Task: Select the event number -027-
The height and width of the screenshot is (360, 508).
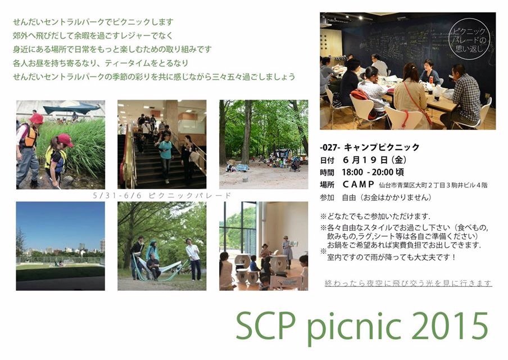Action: point(330,147)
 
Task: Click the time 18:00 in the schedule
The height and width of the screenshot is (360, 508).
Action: point(352,172)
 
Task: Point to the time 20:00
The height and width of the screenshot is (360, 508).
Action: point(382,172)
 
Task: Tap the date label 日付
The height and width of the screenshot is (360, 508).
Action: point(327,160)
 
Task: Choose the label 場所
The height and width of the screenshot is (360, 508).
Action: point(327,185)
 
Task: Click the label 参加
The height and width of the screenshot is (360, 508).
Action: point(327,197)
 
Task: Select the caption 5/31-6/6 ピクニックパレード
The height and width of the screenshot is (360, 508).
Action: point(162,196)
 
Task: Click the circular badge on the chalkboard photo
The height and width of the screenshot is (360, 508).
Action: point(470,40)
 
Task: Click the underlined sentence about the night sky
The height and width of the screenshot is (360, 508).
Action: point(408,283)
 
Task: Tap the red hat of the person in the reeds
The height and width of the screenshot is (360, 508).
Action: point(36,118)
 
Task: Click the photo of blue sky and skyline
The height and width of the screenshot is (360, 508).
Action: point(60,246)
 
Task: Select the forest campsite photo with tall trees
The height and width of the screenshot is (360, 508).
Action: point(264,145)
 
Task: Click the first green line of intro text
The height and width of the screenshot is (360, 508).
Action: point(93,22)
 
